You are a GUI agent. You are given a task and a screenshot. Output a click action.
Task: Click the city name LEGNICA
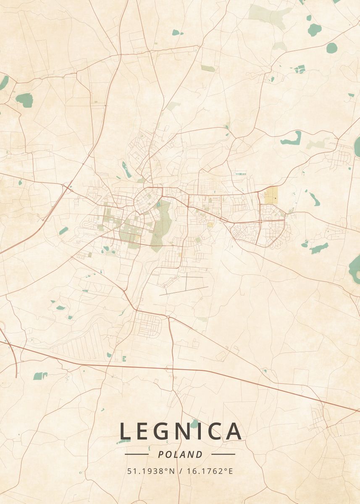point(181,431)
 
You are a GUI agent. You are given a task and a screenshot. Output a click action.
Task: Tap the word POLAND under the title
point(180,454)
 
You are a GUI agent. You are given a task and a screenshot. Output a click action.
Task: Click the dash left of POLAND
point(137,454)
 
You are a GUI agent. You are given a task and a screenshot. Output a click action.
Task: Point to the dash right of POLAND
point(223,454)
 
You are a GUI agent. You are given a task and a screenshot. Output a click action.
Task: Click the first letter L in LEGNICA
point(125,431)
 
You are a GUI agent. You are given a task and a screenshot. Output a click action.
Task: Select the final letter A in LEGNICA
point(234,431)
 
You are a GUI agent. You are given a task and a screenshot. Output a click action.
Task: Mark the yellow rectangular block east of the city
point(271,195)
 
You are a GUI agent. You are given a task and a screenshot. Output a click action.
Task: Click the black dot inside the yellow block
point(275,197)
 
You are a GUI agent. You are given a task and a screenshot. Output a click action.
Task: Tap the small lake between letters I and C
point(194,424)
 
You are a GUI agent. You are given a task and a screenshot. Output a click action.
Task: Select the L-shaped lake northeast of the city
point(292,139)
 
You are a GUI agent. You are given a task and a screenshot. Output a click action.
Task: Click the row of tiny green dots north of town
point(240,173)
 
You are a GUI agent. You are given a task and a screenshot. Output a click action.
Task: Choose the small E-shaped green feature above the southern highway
point(124,358)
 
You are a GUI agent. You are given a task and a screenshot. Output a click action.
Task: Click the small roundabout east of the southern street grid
point(168,316)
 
